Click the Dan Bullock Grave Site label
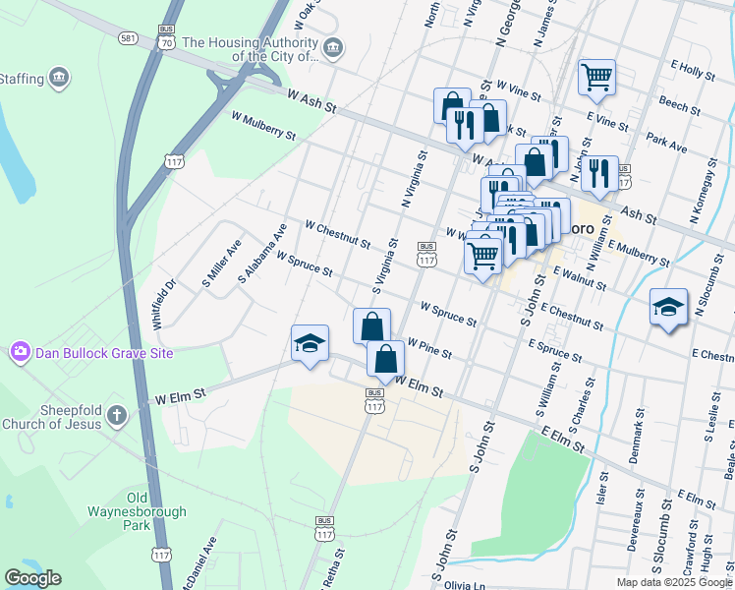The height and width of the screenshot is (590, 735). point(104,352)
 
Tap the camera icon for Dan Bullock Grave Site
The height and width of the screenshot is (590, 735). point(19,352)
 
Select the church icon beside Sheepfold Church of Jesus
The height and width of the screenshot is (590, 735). point(116,414)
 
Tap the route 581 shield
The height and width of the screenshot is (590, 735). point(128,37)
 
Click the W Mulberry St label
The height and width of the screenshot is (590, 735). point(262,125)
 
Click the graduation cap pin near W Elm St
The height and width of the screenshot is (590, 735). point(310,344)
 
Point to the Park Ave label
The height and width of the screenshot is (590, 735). point(666,144)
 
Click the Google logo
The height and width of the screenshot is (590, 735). point(32,578)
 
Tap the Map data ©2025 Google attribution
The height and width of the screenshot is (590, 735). point(674,582)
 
